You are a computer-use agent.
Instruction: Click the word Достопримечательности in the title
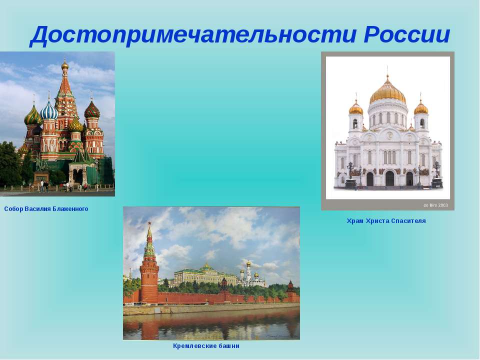tap(193, 34)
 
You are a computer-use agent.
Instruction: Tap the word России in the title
tap(407, 34)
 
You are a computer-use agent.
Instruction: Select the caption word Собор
tap(13, 209)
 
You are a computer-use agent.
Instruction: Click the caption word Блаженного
tap(70, 209)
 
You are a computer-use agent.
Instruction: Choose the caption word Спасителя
tap(408, 220)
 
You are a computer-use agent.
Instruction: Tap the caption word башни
tap(229, 346)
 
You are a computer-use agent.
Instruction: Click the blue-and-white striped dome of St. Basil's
tap(49, 111)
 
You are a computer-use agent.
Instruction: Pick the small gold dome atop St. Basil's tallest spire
tap(64, 64)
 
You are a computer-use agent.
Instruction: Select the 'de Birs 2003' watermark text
tap(435, 205)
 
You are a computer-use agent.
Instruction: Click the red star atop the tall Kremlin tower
tap(149, 223)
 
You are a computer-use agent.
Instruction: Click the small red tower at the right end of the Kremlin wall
tap(290, 290)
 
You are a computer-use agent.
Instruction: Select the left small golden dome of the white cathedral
tap(355, 108)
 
